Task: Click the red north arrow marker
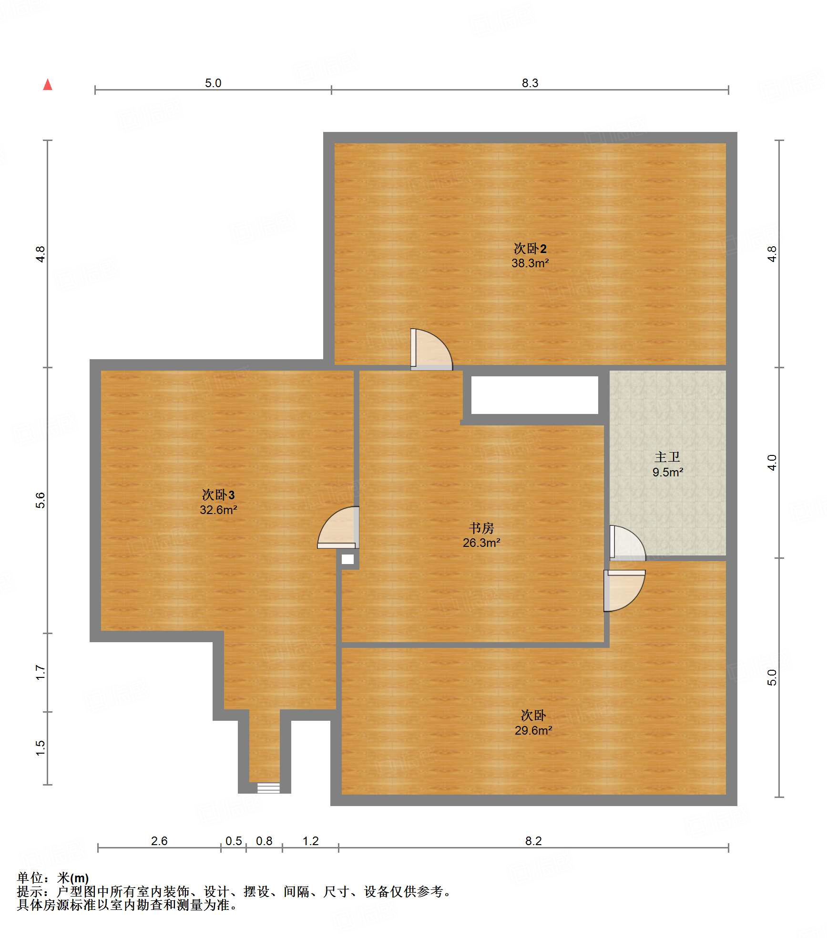click(48, 84)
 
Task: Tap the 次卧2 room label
click(530, 248)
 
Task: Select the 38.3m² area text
click(530, 263)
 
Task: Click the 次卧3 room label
click(218, 494)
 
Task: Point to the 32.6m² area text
click(218, 510)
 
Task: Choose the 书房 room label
click(481, 528)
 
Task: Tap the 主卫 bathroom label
click(667, 457)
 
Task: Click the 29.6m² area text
click(533, 730)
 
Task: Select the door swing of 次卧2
click(431, 349)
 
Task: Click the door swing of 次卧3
click(338, 527)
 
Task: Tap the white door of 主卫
click(628, 543)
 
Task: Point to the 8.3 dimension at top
click(530, 83)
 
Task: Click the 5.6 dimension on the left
click(40, 500)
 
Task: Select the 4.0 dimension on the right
click(772, 463)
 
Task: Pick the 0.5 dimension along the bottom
click(234, 841)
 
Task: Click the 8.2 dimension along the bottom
click(533, 841)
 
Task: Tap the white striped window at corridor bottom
click(268, 788)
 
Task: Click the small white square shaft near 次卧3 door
click(348, 559)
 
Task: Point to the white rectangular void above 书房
click(535, 395)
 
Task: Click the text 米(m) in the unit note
click(73, 878)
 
